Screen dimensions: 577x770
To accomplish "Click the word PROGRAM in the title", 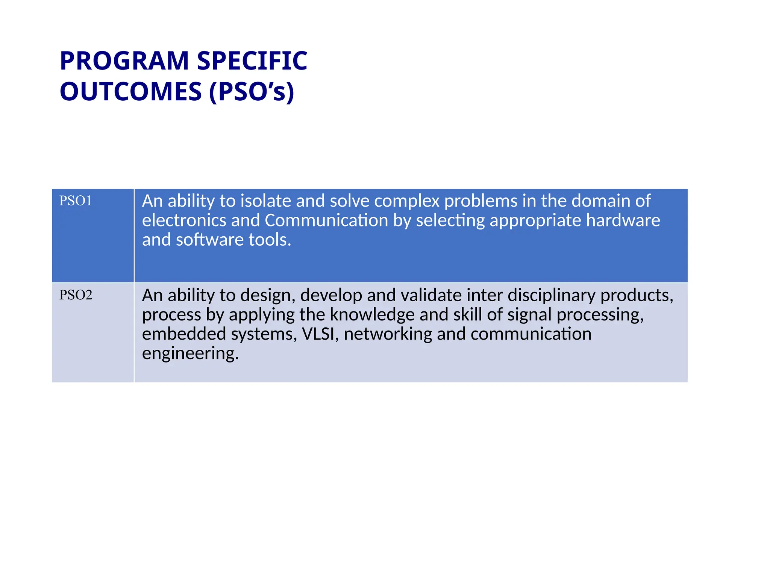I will pos(124,61).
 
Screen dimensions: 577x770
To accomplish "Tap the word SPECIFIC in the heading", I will pos(252,61).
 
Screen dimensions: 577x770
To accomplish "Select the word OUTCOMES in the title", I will pos(131,92).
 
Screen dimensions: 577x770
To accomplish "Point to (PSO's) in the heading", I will pos(252,92).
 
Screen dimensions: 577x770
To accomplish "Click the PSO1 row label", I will pos(76,201).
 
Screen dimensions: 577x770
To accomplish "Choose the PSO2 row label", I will pos(76,295).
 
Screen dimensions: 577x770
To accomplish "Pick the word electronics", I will pos(184,221).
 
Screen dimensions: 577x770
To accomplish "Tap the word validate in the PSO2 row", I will pos(414,295).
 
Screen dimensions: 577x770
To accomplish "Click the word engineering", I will pos(190,354).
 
